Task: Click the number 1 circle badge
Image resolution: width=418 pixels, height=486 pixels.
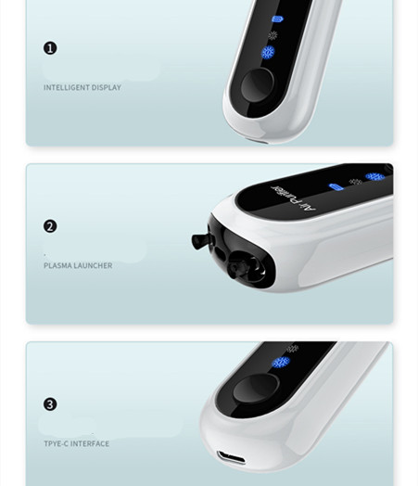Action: click(50, 48)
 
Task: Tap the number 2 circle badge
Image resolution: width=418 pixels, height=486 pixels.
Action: click(50, 226)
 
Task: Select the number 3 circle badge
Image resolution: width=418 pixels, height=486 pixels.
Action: click(50, 404)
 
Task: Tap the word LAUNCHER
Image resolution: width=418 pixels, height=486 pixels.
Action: click(92, 266)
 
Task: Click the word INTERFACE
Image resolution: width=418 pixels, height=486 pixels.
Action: click(91, 444)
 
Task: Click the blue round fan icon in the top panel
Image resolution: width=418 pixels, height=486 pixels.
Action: click(269, 53)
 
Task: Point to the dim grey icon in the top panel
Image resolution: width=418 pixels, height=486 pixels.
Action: click(272, 35)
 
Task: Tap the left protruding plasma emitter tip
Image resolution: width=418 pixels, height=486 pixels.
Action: click(198, 241)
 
